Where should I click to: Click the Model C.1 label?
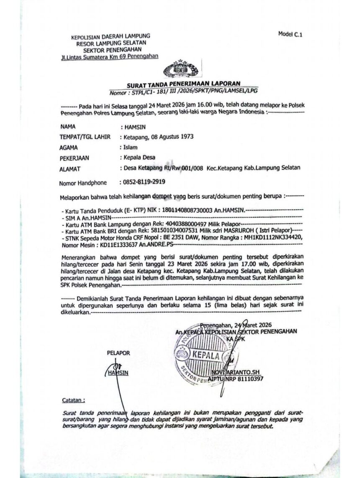[x=290, y=35]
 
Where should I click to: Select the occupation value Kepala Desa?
[x=139, y=158]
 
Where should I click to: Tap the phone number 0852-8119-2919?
[x=142, y=182]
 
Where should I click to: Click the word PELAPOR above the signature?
[x=118, y=353]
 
